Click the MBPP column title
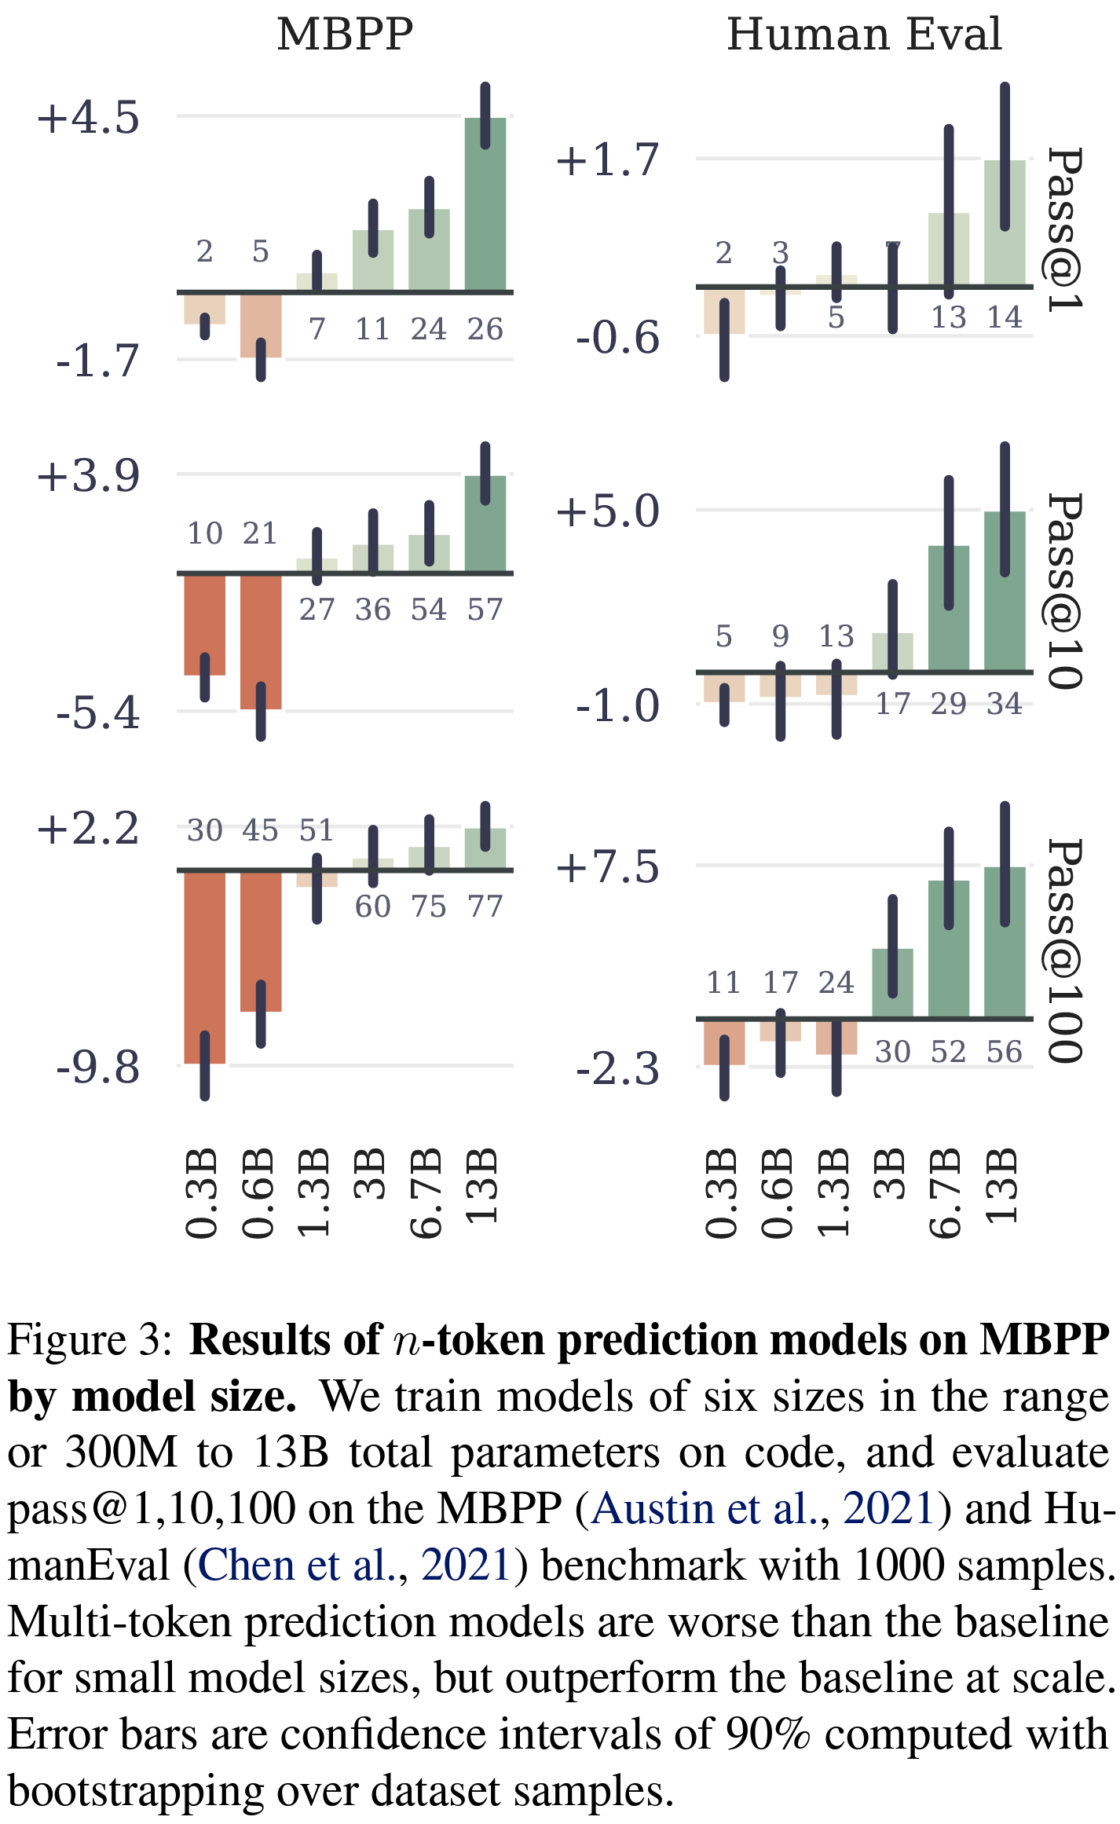coord(345,35)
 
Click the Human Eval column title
coord(864,35)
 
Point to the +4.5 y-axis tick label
coord(88,118)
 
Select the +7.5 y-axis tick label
coord(607,867)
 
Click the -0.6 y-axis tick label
coord(617,338)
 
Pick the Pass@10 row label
coord(1067,592)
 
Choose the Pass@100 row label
coord(1067,950)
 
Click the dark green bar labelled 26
coord(485,204)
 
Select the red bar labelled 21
coord(261,641)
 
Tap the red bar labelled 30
coord(205,966)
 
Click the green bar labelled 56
coord(1005,943)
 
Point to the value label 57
coord(485,610)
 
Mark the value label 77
coord(485,907)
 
